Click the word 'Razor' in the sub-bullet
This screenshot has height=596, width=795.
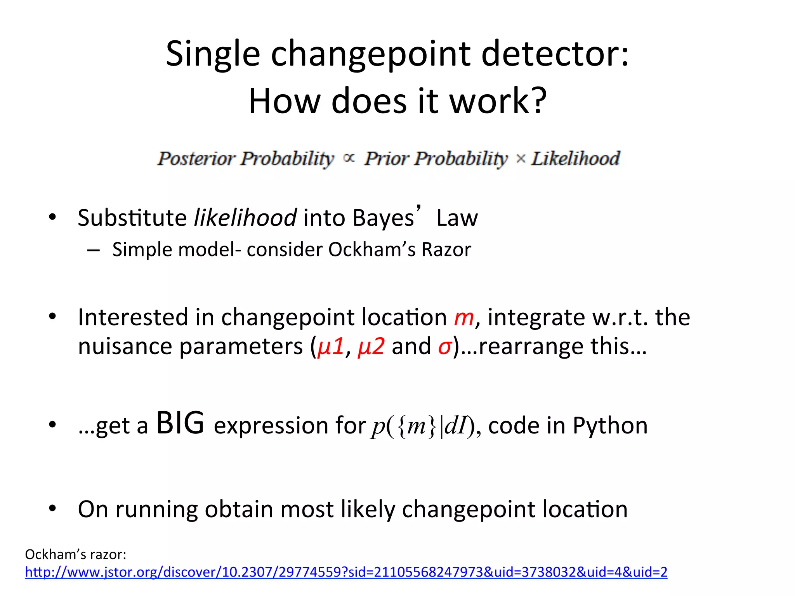tap(446, 249)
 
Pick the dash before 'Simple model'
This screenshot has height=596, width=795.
tap(94, 250)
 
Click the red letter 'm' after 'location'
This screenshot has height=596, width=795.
tap(464, 317)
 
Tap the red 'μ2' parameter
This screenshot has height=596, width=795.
tap(371, 346)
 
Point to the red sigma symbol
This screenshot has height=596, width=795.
tap(445, 346)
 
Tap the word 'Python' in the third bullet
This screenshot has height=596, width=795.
tap(610, 426)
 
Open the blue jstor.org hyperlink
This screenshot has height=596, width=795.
tap(346, 572)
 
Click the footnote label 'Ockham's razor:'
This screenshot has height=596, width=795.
tap(76, 554)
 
